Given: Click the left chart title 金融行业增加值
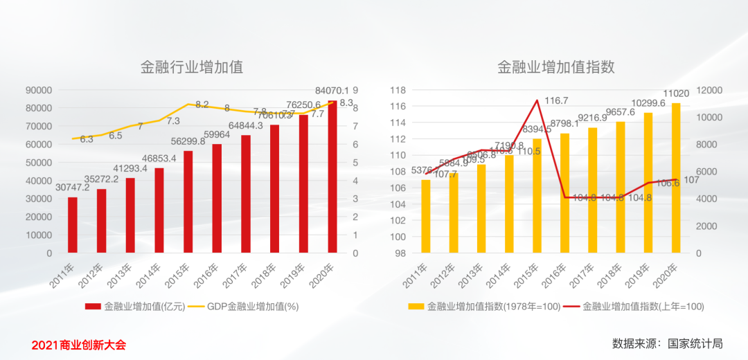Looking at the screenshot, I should (192, 67).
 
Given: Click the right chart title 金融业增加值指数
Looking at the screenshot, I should (556, 67).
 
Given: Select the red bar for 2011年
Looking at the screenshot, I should (73, 225).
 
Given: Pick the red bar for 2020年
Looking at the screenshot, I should (332, 177).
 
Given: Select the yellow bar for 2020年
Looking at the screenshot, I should (676, 178).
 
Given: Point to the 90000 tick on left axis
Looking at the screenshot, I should (38, 90).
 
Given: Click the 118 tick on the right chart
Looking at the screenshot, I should (398, 90).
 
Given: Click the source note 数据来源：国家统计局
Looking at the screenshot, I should (667, 343).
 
